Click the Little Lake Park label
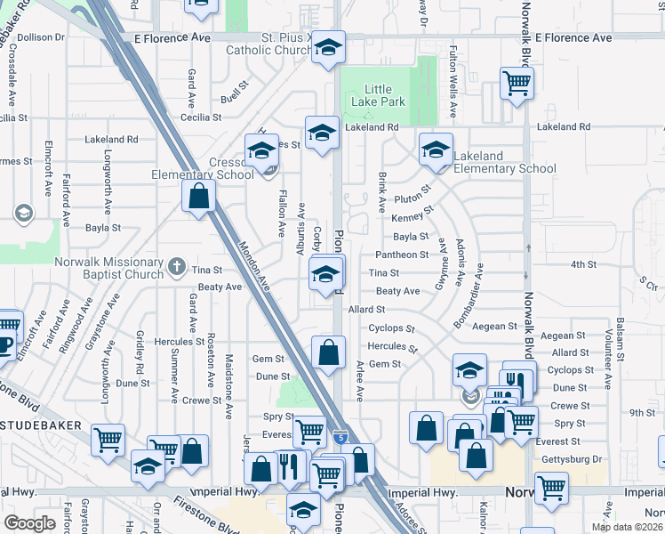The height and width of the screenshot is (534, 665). (385, 96)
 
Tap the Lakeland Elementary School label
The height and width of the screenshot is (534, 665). (504, 162)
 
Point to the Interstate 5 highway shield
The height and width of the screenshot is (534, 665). (341, 437)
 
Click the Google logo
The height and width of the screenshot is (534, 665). (29, 523)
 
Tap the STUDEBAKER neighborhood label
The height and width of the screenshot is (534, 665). (44, 428)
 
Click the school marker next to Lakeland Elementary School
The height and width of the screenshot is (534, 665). (437, 151)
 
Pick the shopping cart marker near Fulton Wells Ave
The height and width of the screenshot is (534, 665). (517, 85)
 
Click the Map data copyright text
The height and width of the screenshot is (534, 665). (627, 527)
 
